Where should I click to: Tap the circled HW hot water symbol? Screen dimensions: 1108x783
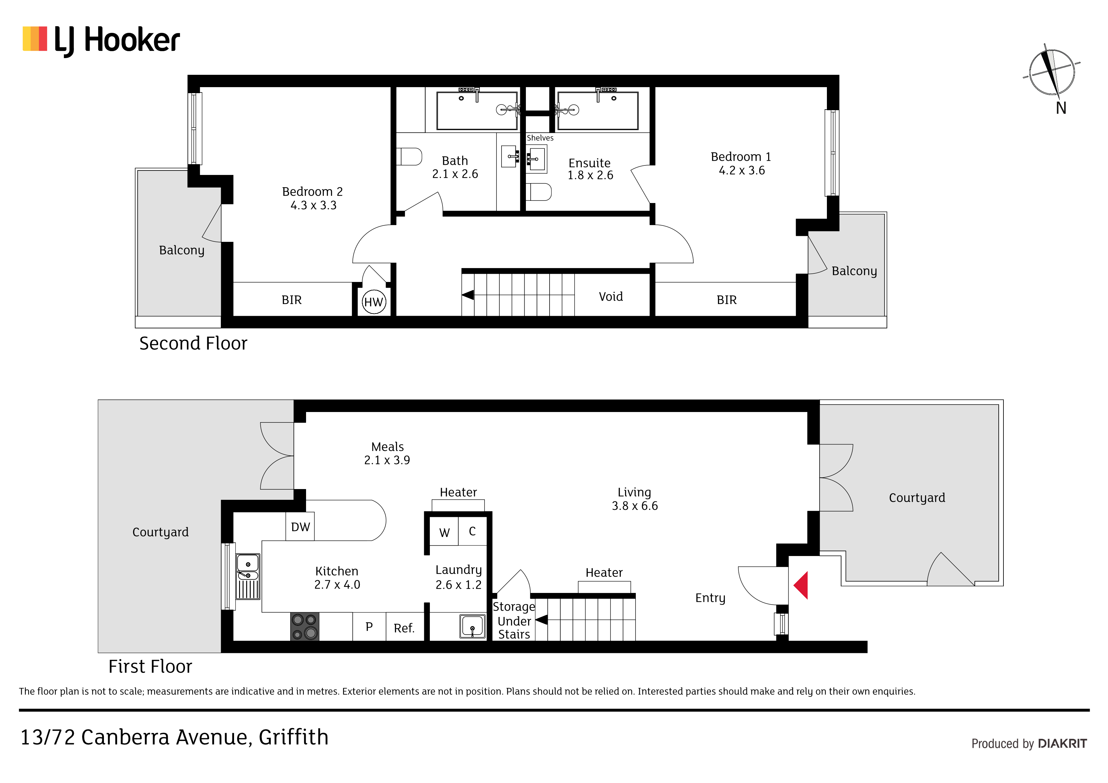374,302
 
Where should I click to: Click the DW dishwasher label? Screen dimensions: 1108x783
300,527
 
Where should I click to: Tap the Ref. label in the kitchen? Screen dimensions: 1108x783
404,628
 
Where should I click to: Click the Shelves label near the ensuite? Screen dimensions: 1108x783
540,138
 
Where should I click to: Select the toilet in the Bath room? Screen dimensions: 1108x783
409,156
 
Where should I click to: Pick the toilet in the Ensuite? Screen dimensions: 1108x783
539,192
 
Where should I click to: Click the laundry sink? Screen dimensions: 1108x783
473,626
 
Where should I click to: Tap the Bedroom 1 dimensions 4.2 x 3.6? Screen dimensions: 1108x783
742,170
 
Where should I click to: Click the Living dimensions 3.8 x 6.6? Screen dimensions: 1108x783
635,505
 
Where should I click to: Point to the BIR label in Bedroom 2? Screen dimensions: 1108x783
292,300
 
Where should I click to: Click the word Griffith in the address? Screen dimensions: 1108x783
293,737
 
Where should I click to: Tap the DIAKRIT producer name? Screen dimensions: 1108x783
1062,744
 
